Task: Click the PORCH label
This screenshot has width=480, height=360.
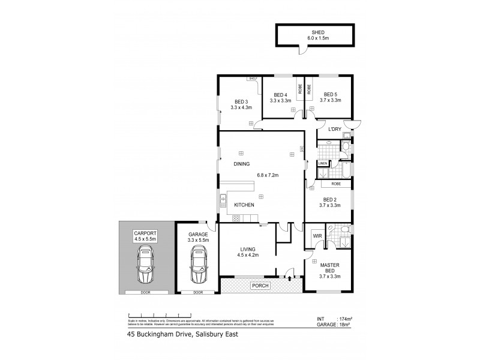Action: click(260, 285)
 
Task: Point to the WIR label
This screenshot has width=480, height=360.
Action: click(317, 237)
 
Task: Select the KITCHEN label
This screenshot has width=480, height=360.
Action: click(245, 205)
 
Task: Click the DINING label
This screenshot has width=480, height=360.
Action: click(241, 164)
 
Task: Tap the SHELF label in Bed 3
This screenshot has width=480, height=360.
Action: click(253, 78)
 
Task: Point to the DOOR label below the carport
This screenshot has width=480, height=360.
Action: click(146, 293)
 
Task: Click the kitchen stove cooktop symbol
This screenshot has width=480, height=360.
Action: click(236, 218)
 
